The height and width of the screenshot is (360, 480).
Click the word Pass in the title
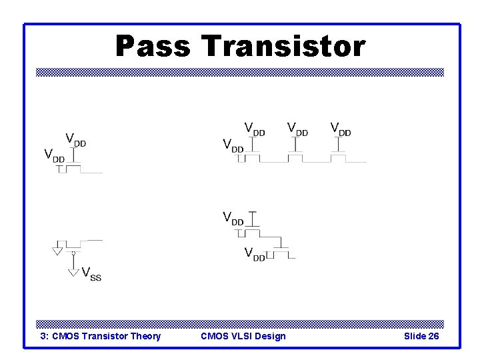(x=153, y=47)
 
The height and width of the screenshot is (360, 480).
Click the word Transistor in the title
(x=283, y=47)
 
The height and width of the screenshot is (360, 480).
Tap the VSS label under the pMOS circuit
(x=91, y=273)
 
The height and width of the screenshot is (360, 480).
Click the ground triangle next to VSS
(x=74, y=272)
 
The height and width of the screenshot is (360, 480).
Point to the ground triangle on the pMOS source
(x=58, y=251)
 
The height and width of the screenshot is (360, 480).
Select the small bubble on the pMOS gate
(x=73, y=253)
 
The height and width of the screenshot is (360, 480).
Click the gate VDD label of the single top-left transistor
(x=75, y=139)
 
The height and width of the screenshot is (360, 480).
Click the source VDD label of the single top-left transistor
(x=54, y=156)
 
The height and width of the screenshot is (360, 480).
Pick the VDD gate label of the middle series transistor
(x=297, y=128)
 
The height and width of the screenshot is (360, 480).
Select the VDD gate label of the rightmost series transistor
(x=341, y=128)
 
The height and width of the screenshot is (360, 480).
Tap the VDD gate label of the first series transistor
(x=255, y=128)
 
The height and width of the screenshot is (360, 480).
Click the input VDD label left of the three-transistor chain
(x=233, y=145)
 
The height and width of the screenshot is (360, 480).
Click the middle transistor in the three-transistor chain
(x=296, y=157)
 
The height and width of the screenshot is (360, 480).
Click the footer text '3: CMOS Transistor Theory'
(x=101, y=336)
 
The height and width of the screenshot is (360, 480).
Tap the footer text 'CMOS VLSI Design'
(x=243, y=336)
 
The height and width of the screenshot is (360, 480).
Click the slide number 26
(x=433, y=336)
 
